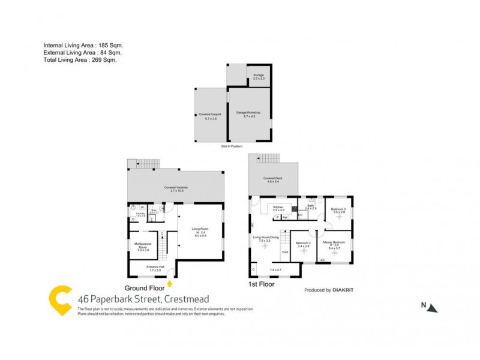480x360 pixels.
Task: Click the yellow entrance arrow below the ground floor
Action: tap(170, 283)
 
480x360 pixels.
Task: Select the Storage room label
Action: tap(258, 76)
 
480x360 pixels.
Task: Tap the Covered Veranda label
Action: tap(174, 188)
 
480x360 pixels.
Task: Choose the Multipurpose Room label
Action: tap(143, 247)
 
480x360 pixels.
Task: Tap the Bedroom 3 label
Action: tap(338, 211)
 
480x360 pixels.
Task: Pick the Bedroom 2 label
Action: tap(303, 244)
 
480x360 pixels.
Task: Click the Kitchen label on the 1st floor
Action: tap(278, 208)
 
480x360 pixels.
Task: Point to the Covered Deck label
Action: tap(272, 179)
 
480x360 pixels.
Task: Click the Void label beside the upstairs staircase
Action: tap(285, 251)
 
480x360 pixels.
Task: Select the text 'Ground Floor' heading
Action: tap(145, 287)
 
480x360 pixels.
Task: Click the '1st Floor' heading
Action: tap(262, 284)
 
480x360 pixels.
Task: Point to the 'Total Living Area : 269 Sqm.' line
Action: tap(80, 60)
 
